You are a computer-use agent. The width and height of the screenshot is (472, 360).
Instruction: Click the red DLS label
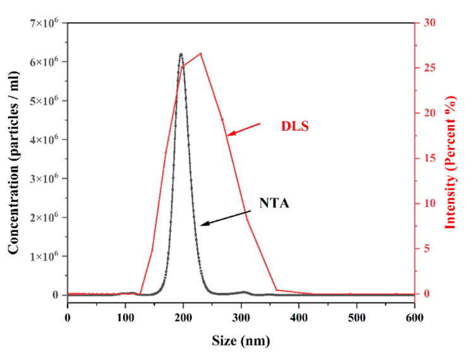click(294, 126)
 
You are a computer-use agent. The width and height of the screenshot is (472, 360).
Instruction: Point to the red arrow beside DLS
click(243, 128)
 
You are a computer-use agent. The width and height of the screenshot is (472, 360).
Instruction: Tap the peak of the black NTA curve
click(181, 54)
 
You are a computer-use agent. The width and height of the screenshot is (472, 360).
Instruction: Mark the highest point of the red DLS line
click(200, 53)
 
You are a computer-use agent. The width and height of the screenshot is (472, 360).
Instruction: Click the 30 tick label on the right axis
click(430, 23)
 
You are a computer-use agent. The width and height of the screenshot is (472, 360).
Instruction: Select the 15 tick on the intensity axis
click(430, 159)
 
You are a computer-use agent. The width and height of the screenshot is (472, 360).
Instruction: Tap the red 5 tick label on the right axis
click(427, 249)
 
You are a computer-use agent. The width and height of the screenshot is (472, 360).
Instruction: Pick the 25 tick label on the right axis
click(430, 68)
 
